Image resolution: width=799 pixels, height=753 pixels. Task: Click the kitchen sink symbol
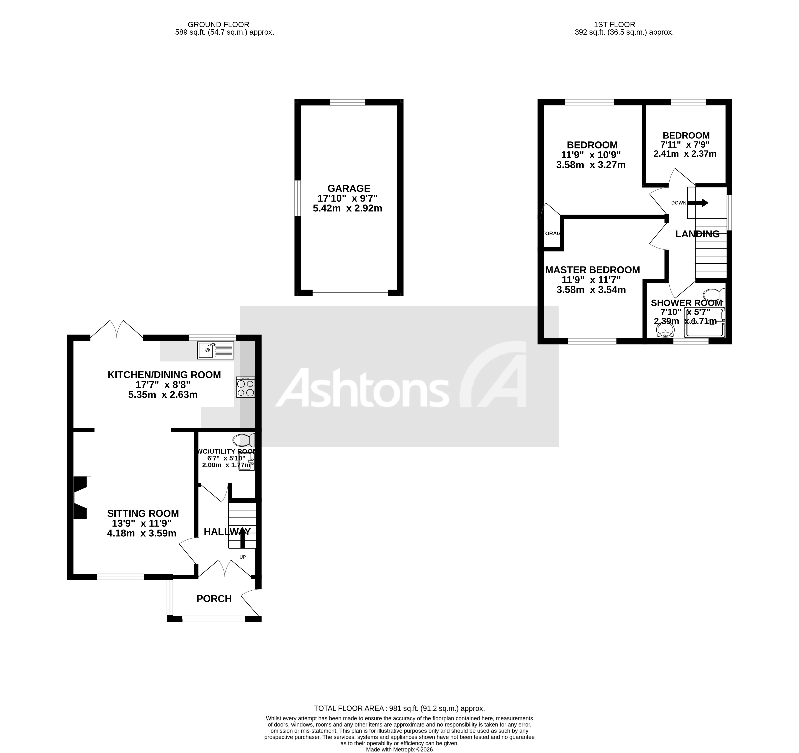(x=216, y=350)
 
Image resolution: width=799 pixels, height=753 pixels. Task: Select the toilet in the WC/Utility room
(x=244, y=440)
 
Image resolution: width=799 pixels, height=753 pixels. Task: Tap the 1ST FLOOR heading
(x=614, y=25)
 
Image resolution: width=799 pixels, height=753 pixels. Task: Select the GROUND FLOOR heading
(x=219, y=25)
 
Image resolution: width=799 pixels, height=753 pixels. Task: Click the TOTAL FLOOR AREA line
(x=399, y=708)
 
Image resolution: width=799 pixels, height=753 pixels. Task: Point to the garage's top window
(x=348, y=102)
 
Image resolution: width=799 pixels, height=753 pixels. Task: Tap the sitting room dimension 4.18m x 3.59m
(x=141, y=533)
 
